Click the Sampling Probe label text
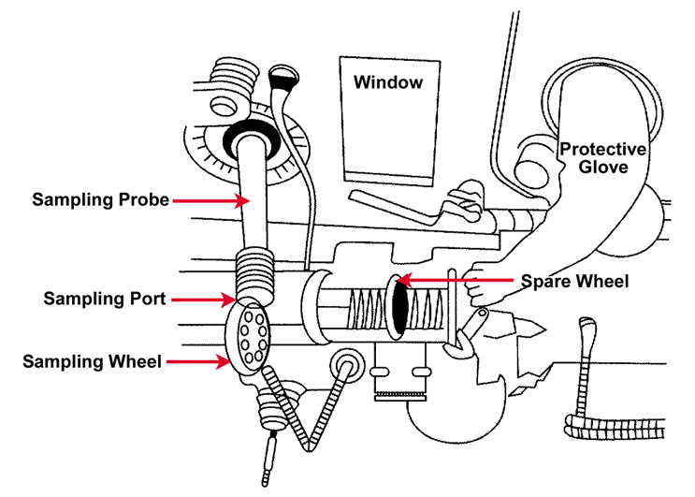click(x=100, y=199)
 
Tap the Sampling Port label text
click(x=105, y=300)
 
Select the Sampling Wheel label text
click(x=93, y=359)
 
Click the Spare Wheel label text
click(x=574, y=280)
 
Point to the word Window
click(x=388, y=82)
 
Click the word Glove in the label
click(x=603, y=168)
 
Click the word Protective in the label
click(x=603, y=150)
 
